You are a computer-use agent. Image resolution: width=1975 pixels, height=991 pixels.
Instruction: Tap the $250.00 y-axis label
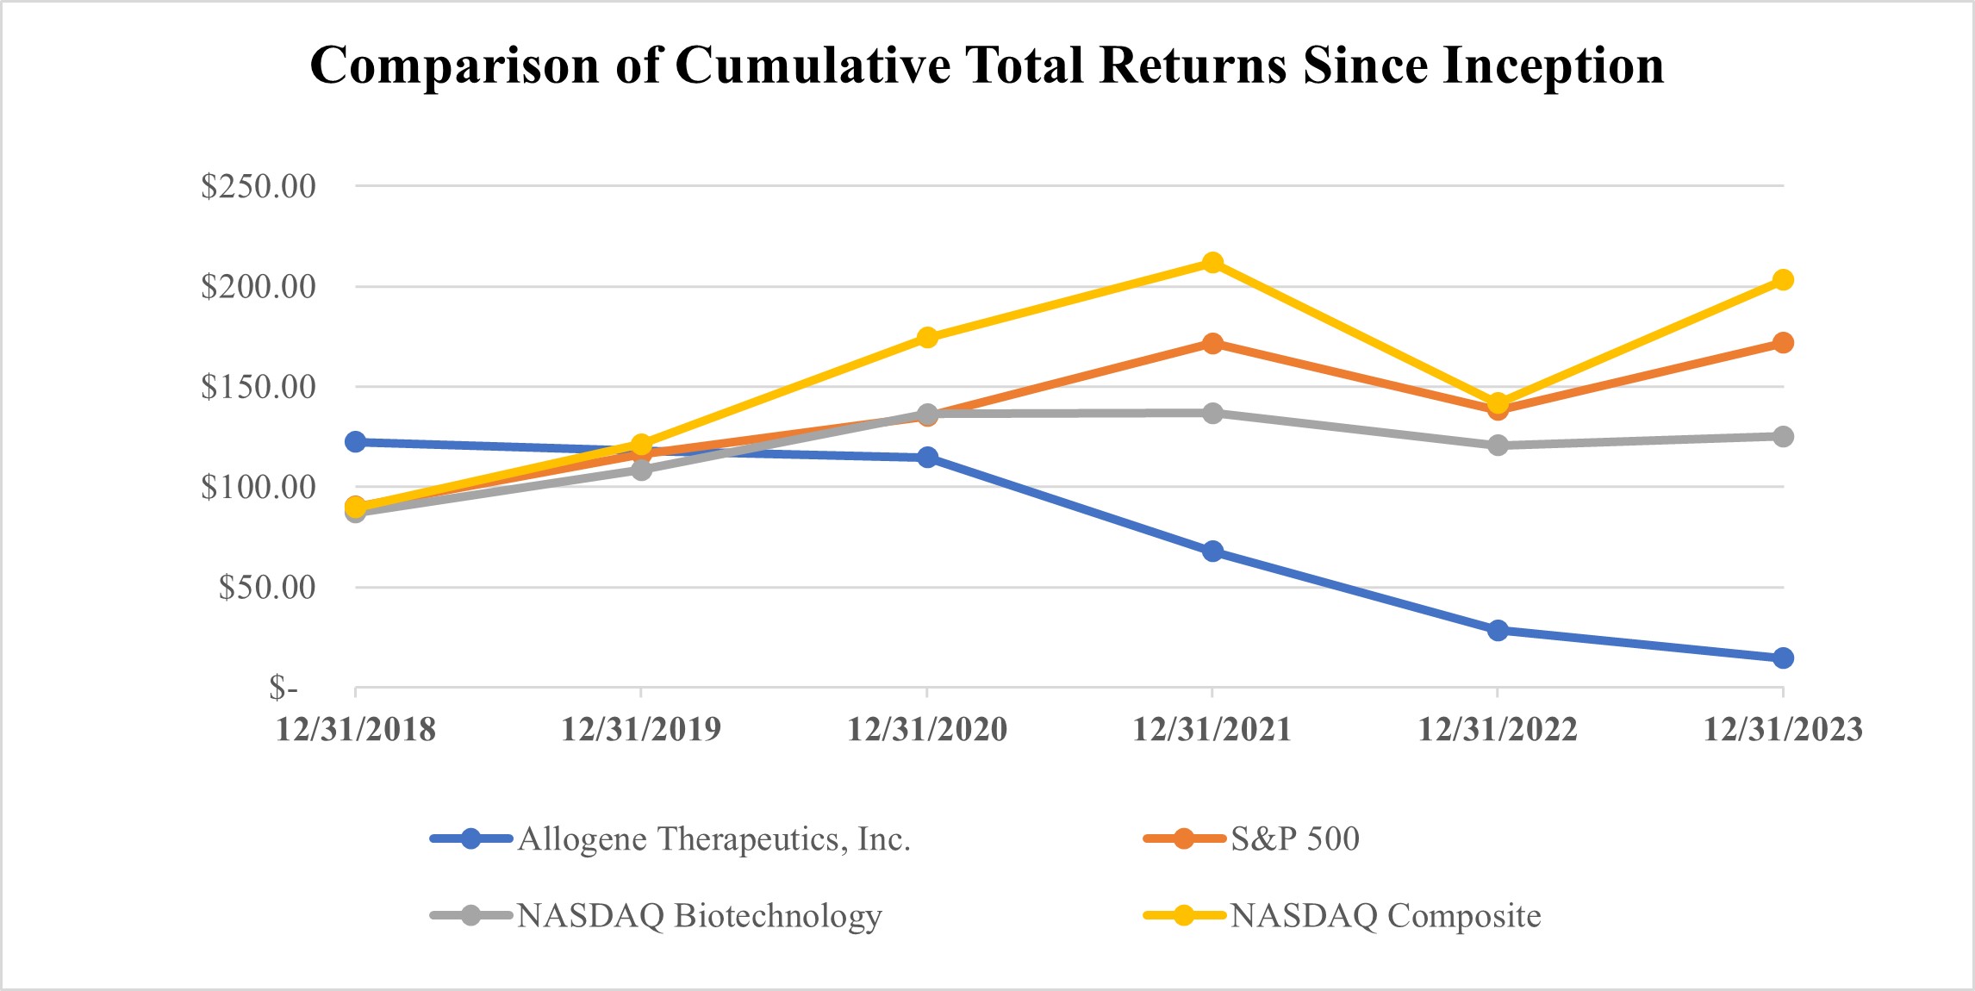pyautogui.click(x=258, y=186)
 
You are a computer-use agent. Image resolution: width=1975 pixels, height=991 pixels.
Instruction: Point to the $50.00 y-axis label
pyautogui.click(x=266, y=588)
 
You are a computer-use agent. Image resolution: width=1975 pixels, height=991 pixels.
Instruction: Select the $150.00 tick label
pyautogui.click(x=258, y=387)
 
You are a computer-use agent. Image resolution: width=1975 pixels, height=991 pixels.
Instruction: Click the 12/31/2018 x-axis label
pyautogui.click(x=355, y=730)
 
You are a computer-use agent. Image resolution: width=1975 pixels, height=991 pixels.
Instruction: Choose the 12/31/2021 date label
pyautogui.click(x=1212, y=730)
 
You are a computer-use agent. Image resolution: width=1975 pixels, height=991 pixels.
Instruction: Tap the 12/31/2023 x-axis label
pyautogui.click(x=1783, y=730)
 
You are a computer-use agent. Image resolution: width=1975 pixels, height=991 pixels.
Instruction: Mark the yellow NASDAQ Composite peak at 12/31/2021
pyautogui.click(x=1212, y=262)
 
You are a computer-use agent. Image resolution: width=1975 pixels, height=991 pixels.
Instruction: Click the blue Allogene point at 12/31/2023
pyautogui.click(x=1783, y=658)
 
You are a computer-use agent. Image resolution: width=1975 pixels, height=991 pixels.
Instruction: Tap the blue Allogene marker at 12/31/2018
pyautogui.click(x=355, y=442)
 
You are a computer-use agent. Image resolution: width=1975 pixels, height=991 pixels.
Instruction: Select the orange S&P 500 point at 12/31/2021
pyautogui.click(x=1212, y=343)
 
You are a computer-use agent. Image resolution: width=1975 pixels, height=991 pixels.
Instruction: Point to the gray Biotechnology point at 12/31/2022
pyautogui.click(x=1498, y=446)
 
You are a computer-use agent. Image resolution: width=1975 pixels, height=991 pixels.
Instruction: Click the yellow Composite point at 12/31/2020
pyautogui.click(x=927, y=337)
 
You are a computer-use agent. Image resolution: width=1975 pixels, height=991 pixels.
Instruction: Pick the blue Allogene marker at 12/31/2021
pyautogui.click(x=1212, y=552)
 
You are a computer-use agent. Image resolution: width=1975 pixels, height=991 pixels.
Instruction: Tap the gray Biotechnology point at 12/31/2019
pyautogui.click(x=641, y=470)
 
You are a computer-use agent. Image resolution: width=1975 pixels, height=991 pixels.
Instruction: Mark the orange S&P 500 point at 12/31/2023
pyautogui.click(x=1783, y=343)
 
